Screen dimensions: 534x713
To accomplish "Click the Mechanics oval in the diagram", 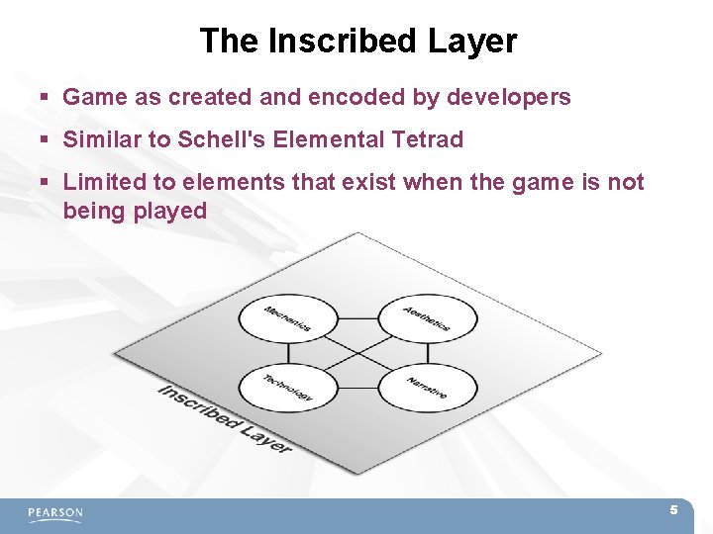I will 287,319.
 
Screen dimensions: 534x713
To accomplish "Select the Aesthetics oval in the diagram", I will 428,319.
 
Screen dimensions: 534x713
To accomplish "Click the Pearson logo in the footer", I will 55,513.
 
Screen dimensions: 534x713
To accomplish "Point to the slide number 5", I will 673,510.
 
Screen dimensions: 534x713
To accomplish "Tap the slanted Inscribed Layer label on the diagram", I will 226,418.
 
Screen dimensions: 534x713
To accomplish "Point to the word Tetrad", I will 429,139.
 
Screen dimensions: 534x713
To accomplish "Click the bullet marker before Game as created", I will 46,98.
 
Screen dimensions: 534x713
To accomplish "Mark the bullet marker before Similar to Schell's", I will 46,140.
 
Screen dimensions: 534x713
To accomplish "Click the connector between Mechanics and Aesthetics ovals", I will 357,319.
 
